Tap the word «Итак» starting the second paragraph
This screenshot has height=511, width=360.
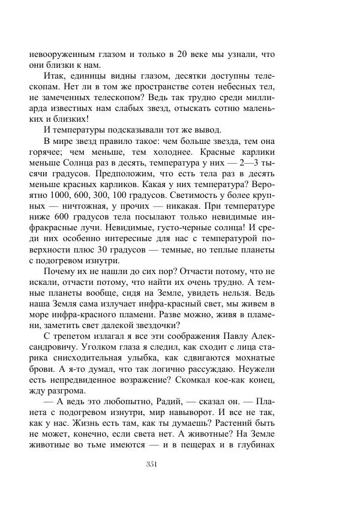pos(55,77)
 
